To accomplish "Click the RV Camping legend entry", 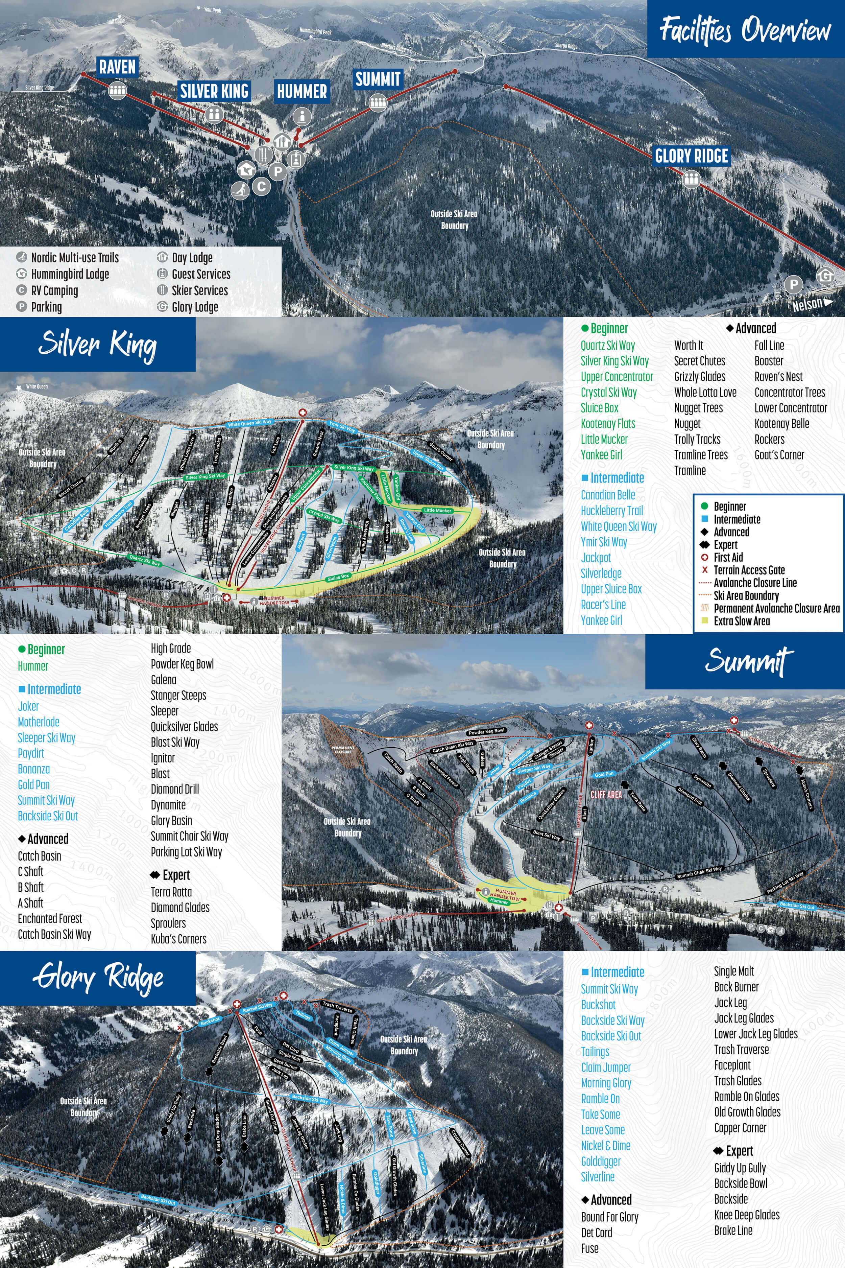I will (x=54, y=290).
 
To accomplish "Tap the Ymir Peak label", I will (x=212, y=10).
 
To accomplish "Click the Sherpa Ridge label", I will (x=566, y=46).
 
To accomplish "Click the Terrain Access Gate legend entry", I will (x=749, y=570).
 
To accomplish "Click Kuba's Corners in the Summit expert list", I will (x=178, y=939).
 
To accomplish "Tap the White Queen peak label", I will (x=37, y=386).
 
